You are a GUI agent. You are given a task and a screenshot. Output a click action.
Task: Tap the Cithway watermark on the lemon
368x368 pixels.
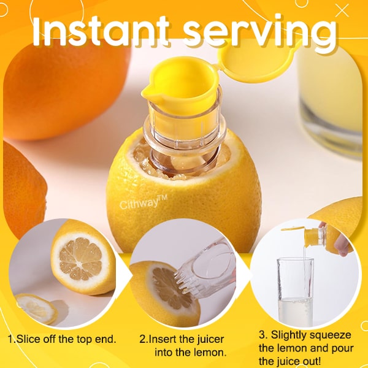pyautogui.click(x=143, y=203)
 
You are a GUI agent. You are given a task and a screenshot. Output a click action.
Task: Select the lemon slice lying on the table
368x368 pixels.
pyautogui.click(x=36, y=308)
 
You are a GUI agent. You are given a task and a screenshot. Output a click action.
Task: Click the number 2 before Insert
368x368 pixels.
pyautogui.click(x=142, y=339)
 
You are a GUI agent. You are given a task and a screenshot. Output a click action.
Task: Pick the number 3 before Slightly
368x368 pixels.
pyautogui.click(x=262, y=335)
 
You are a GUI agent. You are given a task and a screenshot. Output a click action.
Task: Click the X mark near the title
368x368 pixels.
pyautogui.click(x=342, y=10)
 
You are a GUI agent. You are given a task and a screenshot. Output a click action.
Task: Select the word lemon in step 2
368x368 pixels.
pyautogui.click(x=209, y=353)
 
